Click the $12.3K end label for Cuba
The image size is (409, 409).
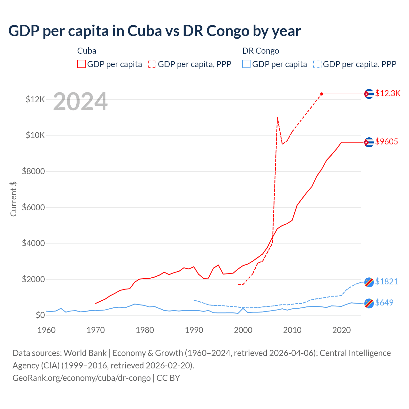tap(388, 93)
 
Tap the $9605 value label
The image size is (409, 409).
tap(386, 142)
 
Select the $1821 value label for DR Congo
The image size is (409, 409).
tap(386, 282)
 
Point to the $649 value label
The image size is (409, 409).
tap(384, 303)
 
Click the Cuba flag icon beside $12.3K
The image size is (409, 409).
tap(369, 94)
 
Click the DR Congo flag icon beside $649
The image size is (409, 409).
tap(369, 303)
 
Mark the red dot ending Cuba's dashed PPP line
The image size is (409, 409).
tap(321, 94)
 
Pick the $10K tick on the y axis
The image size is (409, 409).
tap(35, 135)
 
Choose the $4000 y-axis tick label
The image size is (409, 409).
tap(33, 243)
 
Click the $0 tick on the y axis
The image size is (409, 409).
tap(40, 315)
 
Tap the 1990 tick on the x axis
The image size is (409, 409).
tap(194, 330)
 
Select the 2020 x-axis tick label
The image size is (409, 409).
tap(342, 330)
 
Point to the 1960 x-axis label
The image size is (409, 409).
tap(46, 330)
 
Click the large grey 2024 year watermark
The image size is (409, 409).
tap(80, 102)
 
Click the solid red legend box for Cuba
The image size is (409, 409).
tap(81, 64)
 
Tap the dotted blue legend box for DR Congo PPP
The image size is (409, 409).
tap(317, 64)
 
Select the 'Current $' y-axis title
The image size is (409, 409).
tap(13, 199)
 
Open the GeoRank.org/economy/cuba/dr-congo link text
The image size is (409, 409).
tap(81, 378)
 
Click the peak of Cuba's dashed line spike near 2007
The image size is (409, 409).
tap(277, 118)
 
